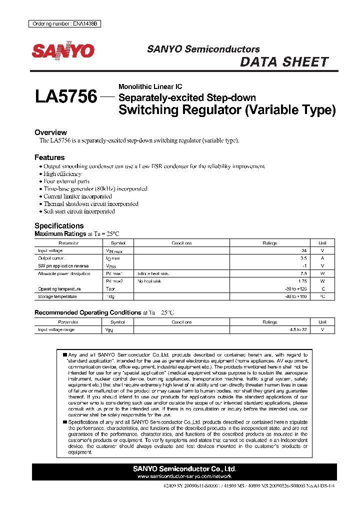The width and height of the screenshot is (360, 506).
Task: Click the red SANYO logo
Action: point(63,50)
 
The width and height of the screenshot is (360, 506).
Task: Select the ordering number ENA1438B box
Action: point(63,24)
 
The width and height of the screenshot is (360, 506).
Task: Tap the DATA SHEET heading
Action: point(284,62)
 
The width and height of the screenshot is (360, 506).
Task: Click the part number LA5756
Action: point(65,96)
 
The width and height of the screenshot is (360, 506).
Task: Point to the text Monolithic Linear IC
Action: point(150,86)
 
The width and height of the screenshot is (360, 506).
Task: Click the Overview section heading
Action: point(50,132)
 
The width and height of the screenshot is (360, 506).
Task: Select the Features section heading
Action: point(49,157)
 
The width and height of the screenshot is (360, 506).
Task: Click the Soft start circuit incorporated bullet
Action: point(79,211)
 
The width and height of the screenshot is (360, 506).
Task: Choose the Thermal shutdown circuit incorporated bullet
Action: point(90,204)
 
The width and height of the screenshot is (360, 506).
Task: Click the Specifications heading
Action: point(59,225)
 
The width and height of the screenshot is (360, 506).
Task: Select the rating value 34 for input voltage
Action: point(303,250)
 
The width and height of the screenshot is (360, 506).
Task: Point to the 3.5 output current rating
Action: point(303,258)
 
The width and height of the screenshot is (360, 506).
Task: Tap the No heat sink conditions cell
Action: point(149,281)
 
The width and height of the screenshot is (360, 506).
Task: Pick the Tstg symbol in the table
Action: point(110,297)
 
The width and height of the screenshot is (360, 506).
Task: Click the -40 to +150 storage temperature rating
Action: point(295,297)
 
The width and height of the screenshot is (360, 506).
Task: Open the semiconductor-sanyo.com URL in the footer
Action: point(184,476)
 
